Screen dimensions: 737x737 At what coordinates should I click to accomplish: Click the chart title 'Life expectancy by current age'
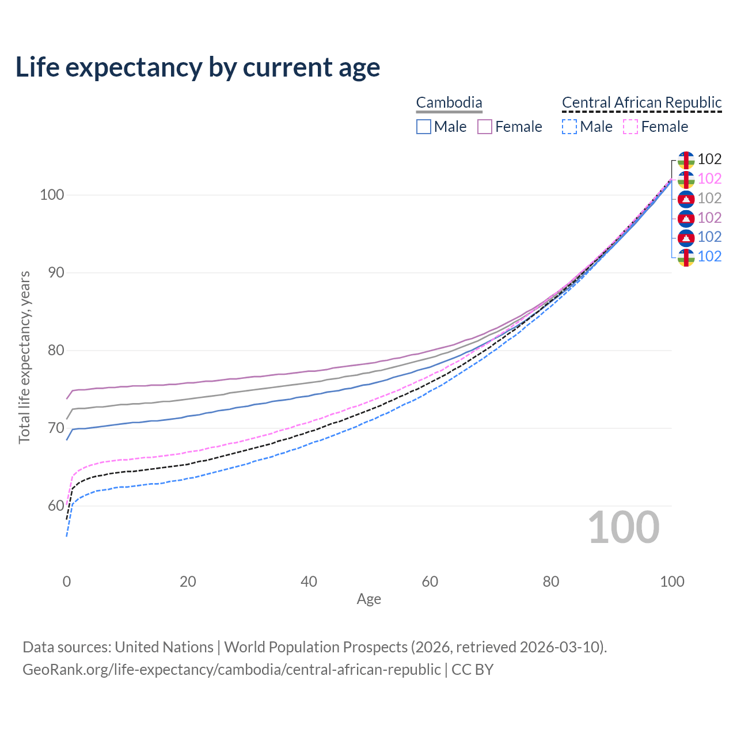197,67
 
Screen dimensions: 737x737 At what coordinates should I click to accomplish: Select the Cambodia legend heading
449,102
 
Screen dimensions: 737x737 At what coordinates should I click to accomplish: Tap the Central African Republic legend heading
641,102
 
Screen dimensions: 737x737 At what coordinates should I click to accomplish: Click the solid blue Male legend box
424,127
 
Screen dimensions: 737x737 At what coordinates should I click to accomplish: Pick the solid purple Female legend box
485,127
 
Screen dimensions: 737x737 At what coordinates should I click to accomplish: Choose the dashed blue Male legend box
569,127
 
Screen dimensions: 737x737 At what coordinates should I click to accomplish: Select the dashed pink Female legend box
630,127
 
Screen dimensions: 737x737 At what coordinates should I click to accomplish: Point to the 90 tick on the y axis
56,272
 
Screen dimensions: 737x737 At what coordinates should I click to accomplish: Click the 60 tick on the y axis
56,506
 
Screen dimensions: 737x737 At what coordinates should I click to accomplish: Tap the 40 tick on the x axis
309,582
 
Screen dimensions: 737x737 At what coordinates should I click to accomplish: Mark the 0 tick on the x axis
67,582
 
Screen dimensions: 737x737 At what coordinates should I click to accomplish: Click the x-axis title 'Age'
368,599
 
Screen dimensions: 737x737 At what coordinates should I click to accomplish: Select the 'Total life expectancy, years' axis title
24,358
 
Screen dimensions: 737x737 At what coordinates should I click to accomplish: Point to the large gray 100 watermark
624,527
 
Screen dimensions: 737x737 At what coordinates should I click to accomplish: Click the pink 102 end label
709,178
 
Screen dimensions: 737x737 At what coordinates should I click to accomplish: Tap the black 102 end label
709,159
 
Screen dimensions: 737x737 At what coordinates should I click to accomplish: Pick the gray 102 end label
709,198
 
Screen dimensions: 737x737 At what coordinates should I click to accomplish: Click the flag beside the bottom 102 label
686,257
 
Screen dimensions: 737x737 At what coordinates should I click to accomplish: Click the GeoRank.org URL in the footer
231,670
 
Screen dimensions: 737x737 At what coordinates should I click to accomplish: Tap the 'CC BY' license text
472,670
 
